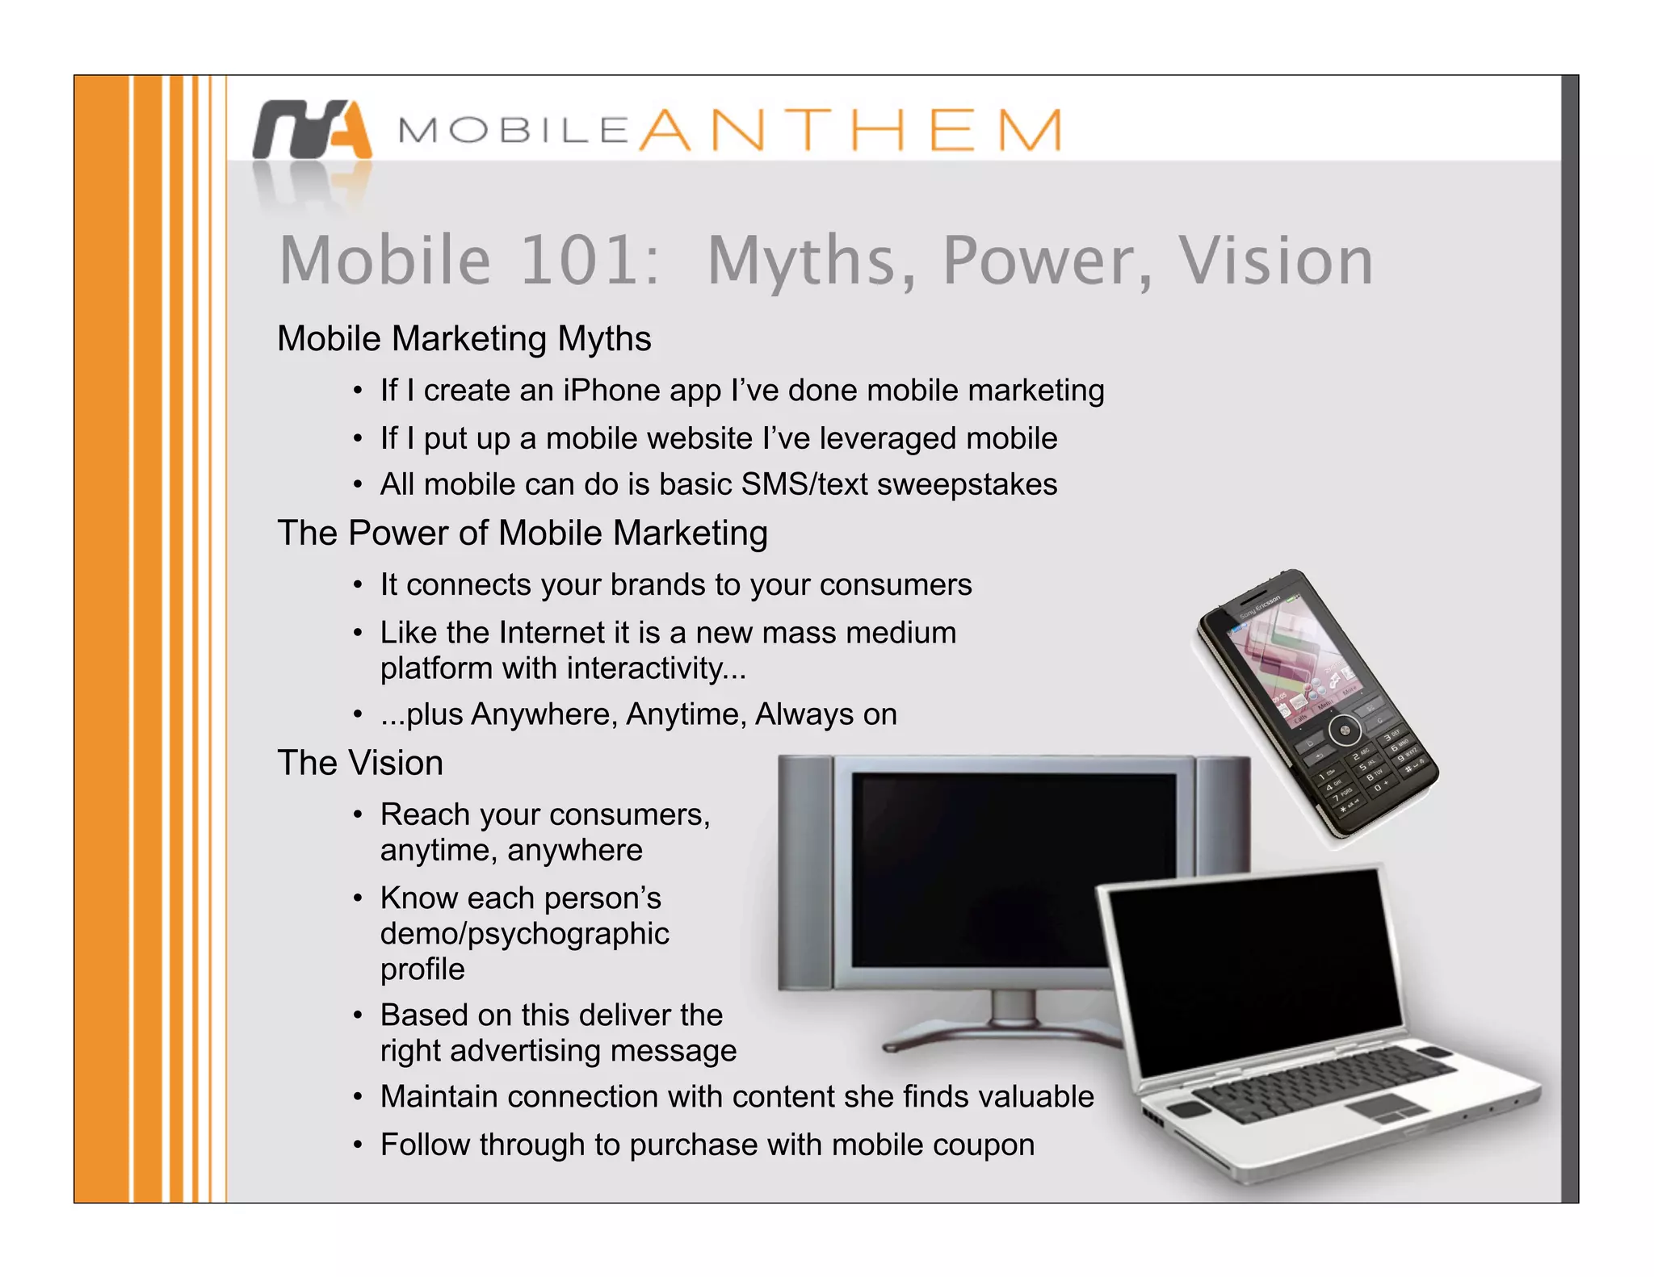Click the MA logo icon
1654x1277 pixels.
(x=312, y=129)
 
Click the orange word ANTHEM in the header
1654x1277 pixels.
(x=850, y=130)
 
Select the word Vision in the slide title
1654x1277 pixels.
(x=1275, y=260)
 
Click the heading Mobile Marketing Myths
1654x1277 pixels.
(x=464, y=338)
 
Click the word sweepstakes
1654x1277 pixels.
(x=967, y=484)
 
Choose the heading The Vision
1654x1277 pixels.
(x=360, y=763)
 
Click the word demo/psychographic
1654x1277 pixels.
(x=524, y=933)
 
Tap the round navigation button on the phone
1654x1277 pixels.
(x=1345, y=731)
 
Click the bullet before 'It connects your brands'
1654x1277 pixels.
(x=357, y=585)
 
